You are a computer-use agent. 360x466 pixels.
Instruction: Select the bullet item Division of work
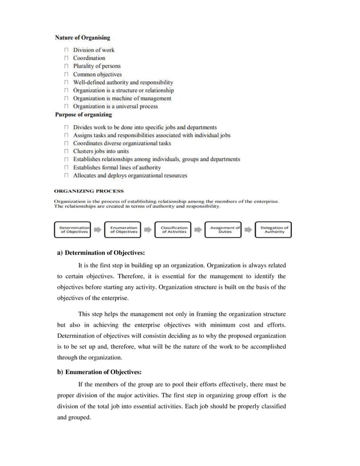(x=94, y=50)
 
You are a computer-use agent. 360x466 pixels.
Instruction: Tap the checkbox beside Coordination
(x=67, y=58)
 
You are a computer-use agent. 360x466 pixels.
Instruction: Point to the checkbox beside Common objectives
(x=67, y=74)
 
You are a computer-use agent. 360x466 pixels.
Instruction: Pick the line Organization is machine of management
(x=122, y=98)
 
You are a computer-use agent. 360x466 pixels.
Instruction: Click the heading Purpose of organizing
(x=84, y=115)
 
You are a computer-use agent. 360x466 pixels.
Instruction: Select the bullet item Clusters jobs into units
(x=101, y=151)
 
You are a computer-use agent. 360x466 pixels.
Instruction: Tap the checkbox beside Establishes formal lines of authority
(x=67, y=168)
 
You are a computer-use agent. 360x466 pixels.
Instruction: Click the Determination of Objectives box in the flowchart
(x=73, y=230)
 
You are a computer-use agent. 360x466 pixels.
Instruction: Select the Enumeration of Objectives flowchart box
(x=124, y=230)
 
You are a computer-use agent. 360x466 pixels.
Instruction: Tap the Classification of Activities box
(x=173, y=230)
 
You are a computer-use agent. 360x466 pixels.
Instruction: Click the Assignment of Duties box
(x=224, y=230)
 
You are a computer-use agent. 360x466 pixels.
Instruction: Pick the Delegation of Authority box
(x=274, y=230)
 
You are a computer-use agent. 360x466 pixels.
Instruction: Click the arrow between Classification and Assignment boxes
(x=199, y=230)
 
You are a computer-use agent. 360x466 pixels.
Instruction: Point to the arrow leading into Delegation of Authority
(x=249, y=230)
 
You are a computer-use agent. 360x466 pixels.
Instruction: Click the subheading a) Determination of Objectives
(x=102, y=252)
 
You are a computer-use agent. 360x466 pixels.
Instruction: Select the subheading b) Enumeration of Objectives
(x=100, y=372)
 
